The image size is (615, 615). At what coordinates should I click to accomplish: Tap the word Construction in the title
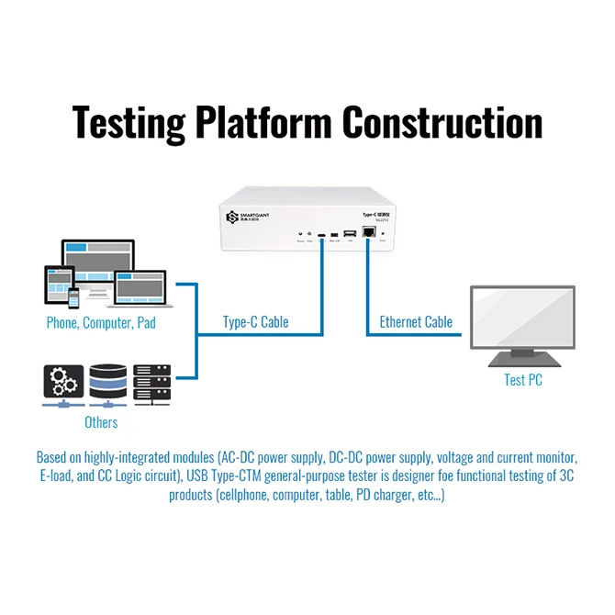(x=441, y=122)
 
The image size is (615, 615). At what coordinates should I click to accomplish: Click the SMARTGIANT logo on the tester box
(x=252, y=218)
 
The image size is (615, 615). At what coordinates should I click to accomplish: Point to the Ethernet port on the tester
(x=369, y=232)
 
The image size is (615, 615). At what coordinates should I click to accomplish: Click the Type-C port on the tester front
(x=322, y=235)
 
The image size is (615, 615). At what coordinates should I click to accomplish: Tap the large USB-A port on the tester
(x=350, y=234)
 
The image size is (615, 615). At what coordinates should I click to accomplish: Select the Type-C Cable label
(x=255, y=322)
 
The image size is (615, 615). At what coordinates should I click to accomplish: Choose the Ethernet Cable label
(x=416, y=322)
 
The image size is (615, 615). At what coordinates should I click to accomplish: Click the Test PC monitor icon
(x=522, y=324)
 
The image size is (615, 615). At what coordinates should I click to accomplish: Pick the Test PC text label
(x=523, y=380)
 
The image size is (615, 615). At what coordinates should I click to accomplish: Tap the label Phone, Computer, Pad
(x=101, y=322)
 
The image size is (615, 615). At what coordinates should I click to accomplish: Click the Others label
(x=101, y=422)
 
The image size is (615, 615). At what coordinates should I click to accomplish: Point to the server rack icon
(x=152, y=384)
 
